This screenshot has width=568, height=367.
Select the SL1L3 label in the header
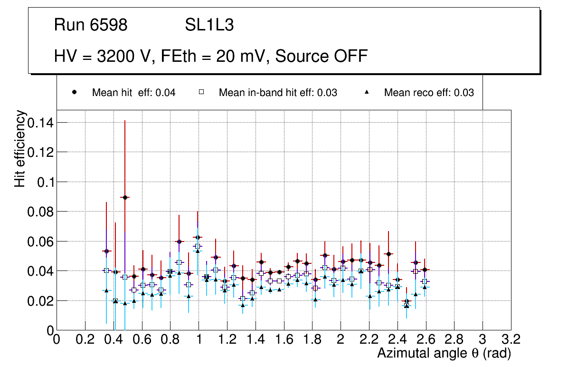point(209,25)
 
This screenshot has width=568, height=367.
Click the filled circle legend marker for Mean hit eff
point(75,92)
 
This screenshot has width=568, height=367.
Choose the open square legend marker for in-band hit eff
point(201,92)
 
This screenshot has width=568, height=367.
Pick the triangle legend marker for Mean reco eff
point(367,92)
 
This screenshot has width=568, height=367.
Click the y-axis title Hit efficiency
point(20,148)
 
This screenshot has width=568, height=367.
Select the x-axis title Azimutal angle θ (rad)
point(444,353)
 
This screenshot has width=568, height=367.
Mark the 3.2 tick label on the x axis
point(511,339)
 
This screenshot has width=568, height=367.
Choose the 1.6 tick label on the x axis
point(284,339)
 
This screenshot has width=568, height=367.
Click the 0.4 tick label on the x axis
point(114,339)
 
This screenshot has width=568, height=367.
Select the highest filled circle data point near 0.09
point(125,197)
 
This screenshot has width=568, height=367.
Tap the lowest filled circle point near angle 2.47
point(407,301)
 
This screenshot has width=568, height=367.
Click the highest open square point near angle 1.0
point(198,246)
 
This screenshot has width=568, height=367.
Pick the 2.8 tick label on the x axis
point(454,339)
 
